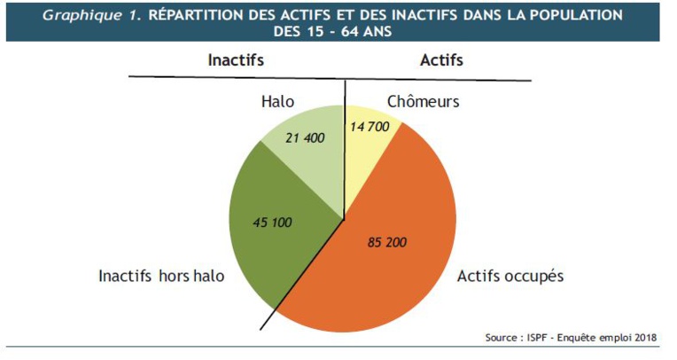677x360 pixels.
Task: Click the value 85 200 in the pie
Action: point(386,242)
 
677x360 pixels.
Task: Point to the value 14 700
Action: point(370,127)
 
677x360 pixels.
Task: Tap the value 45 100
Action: point(273,223)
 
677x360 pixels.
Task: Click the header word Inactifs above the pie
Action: point(236,60)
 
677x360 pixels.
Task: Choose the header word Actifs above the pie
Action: point(440,60)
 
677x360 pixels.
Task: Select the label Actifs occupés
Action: point(510,276)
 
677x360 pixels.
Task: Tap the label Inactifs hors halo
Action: point(161,276)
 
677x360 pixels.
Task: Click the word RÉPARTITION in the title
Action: point(198,15)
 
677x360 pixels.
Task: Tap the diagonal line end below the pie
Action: point(264,329)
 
